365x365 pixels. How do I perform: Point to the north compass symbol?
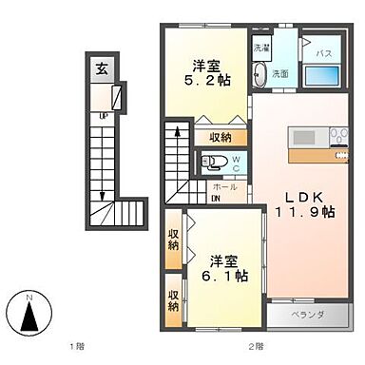[29, 310]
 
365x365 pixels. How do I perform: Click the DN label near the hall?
[216, 198]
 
